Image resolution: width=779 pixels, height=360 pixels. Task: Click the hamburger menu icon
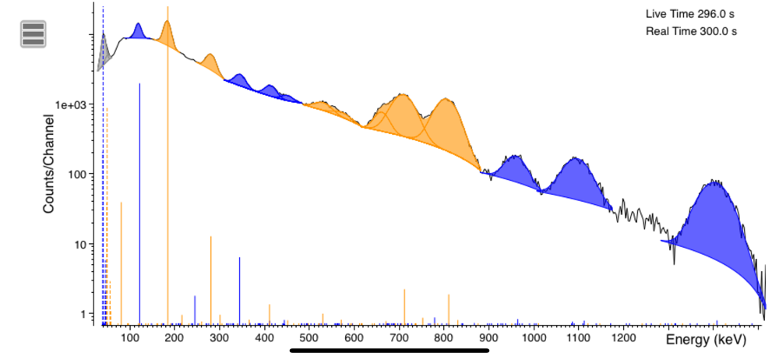pos(33,34)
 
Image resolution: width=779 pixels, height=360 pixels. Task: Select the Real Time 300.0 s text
pos(691,31)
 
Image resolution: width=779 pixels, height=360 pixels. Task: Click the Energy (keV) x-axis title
pos(706,340)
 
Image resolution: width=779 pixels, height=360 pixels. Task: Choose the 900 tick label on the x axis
pos(489,339)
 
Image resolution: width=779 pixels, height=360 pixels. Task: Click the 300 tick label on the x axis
pos(220,339)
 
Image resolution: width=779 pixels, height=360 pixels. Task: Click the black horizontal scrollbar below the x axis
pos(389,350)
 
